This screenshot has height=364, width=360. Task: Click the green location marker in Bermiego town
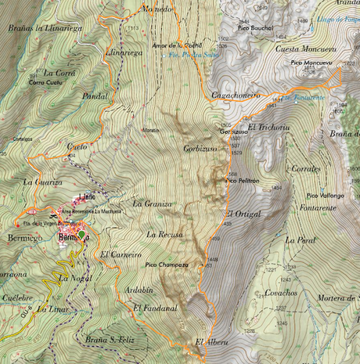[x=82, y=234]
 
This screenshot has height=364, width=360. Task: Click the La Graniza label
[x=152, y=204]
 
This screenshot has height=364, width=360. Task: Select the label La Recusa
[x=164, y=234]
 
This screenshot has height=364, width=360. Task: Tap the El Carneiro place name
[x=121, y=255]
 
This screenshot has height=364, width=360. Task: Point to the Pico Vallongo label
[x=326, y=194]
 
